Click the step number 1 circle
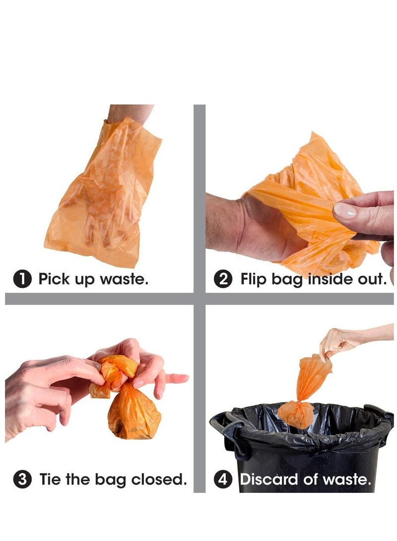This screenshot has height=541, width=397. click(x=22, y=279)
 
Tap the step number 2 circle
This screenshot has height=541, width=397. click(x=223, y=279)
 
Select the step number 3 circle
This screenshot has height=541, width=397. click(x=22, y=479)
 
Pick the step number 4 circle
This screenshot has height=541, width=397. click(x=223, y=479)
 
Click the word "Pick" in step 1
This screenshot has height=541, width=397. click(x=54, y=279)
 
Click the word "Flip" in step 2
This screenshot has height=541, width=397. click(x=253, y=279)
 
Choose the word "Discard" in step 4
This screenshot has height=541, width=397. click(x=269, y=479)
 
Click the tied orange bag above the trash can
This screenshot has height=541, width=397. click(x=303, y=393)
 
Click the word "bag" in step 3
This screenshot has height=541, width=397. click(x=110, y=480)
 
